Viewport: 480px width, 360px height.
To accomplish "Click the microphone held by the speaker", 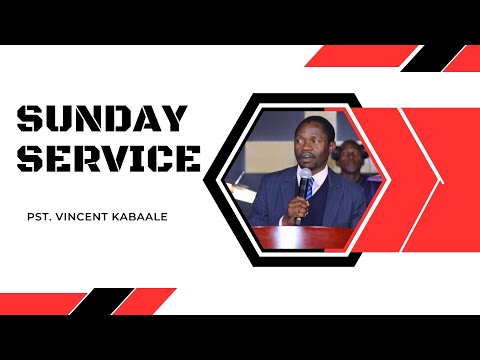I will click(x=303, y=182).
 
